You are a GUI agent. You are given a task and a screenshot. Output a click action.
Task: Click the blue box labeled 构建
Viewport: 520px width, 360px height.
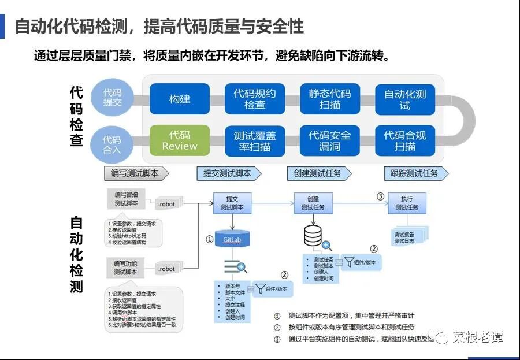[180, 99]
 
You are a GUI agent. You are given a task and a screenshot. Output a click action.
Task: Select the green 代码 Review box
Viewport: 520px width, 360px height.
[180, 140]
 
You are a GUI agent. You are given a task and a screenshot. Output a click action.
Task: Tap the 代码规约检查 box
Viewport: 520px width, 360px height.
[255, 99]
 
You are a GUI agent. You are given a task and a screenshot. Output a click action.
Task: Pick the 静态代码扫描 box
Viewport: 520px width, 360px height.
[330, 99]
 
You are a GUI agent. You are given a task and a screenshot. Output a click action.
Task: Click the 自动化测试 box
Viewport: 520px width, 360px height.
[405, 99]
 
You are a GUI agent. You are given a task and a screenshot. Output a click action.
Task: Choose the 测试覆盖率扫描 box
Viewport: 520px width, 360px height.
[255, 140]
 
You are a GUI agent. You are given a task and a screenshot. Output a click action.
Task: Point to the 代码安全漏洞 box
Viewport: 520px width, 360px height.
[330, 140]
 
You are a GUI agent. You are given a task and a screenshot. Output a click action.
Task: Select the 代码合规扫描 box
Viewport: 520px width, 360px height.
[405, 140]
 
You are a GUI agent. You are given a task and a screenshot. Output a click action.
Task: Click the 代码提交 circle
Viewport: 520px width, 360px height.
[112, 97]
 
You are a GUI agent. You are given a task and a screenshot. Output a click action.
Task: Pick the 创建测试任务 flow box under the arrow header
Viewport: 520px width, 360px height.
[313, 203]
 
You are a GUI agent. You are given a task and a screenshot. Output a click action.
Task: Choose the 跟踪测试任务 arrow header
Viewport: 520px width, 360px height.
[415, 173]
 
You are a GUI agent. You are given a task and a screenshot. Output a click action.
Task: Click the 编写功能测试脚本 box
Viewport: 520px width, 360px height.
[125, 267]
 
